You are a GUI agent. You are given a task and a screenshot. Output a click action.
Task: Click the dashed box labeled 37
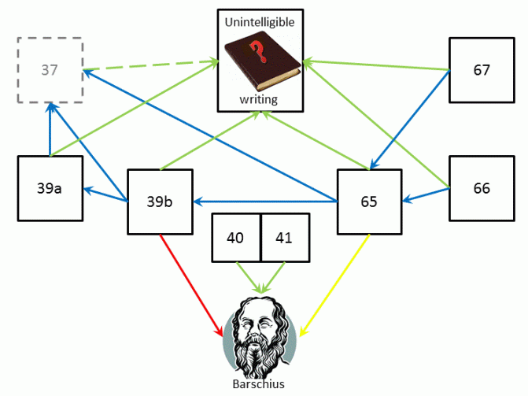pos(50,69)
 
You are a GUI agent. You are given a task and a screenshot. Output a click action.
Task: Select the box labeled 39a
pos(50,189)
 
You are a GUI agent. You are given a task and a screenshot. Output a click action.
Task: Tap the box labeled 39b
pos(160,202)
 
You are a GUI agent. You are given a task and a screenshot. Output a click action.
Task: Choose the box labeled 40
pos(236,238)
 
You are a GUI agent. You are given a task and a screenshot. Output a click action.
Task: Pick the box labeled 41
pos(284,238)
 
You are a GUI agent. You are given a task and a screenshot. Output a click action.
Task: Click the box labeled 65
pos(369,202)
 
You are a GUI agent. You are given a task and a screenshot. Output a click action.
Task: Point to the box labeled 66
pos(482,189)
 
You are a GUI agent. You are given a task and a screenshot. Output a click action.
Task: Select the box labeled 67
pos(482,70)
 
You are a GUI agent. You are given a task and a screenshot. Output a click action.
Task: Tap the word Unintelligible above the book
pos(260,22)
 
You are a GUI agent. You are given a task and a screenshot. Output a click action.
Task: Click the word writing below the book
pos(259,99)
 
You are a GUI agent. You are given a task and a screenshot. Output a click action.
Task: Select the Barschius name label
pos(259,384)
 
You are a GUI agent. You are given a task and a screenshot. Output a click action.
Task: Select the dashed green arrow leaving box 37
pos(150,65)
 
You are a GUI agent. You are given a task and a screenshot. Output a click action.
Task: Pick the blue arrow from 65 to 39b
pos(268,202)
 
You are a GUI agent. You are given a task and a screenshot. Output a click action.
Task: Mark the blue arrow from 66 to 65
pos(426,195)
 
